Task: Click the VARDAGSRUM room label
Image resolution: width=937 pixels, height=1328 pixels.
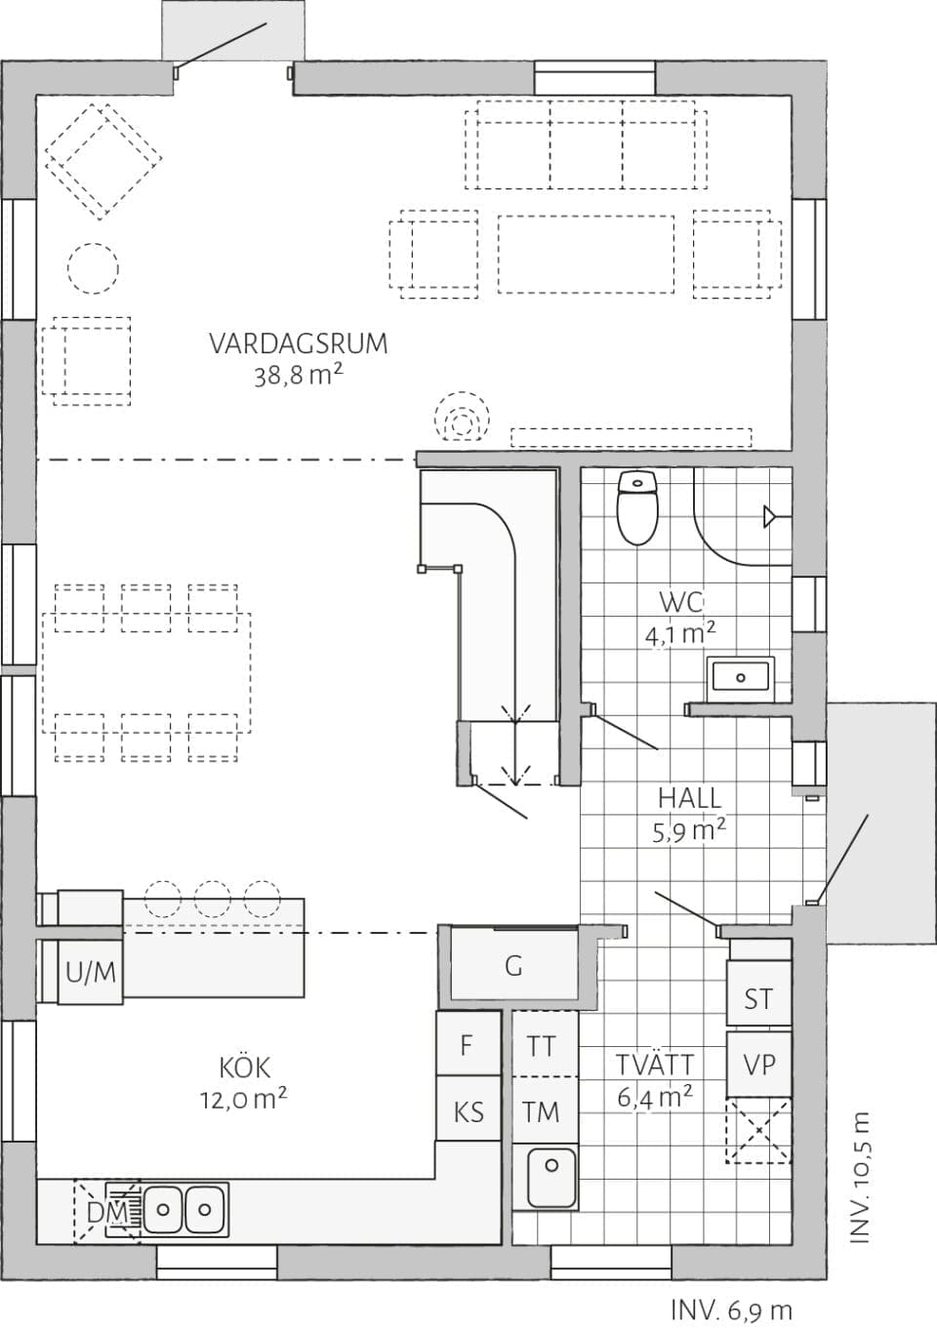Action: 298,343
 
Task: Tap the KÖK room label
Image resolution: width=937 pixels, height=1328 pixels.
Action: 244,1066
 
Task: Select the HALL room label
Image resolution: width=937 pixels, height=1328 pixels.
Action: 689,797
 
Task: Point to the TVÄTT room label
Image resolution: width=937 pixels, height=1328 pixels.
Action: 655,1064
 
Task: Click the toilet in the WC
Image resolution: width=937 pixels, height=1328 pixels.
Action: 637,506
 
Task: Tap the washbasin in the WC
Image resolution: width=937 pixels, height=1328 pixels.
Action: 740,675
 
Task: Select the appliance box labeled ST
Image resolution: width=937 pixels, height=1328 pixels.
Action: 758,998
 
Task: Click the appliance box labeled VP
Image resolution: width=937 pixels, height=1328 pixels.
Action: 758,1065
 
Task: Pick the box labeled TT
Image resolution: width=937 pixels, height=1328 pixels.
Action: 543,1046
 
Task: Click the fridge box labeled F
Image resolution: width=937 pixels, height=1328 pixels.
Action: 467,1045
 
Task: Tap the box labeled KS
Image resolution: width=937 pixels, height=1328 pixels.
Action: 468,1111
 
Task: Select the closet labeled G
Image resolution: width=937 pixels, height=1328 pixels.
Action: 514,966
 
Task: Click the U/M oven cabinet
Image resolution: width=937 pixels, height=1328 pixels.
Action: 91,972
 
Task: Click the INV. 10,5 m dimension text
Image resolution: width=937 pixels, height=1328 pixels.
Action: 859,1177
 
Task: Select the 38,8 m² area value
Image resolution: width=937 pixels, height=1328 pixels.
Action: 298,376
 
